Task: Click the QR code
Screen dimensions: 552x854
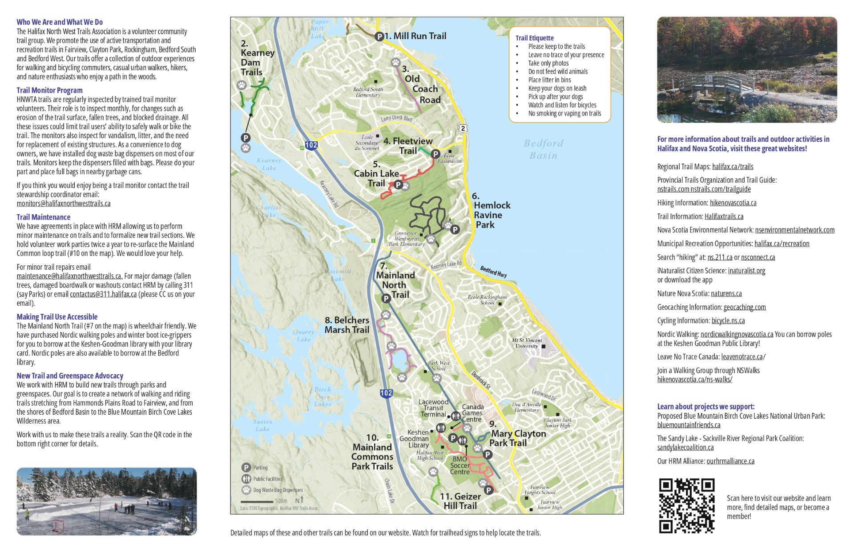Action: tap(686, 506)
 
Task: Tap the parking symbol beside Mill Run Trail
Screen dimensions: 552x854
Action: tap(379, 36)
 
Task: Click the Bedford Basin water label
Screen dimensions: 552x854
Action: tap(543, 149)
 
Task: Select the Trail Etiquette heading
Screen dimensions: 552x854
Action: tap(534, 38)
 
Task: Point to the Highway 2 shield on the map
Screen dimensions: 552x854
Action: tap(463, 128)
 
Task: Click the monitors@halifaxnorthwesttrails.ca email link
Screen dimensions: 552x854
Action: tap(64, 204)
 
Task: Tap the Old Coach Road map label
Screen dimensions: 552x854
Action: tap(422, 84)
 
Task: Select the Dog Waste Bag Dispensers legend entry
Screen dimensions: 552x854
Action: tap(278, 490)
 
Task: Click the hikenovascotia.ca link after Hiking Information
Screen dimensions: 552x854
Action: tap(733, 203)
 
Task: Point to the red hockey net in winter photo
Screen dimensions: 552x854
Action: tap(58, 526)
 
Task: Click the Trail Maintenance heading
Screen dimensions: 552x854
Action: tap(43, 217)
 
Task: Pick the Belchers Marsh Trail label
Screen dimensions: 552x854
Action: tap(347, 325)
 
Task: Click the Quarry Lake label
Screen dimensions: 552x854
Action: tap(303, 336)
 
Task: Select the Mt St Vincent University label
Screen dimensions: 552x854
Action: tap(527, 343)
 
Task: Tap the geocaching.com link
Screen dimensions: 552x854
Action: tap(744, 307)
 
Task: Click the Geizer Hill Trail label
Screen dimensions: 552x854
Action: tap(460, 501)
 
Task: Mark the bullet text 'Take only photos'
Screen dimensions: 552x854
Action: tap(548, 63)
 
